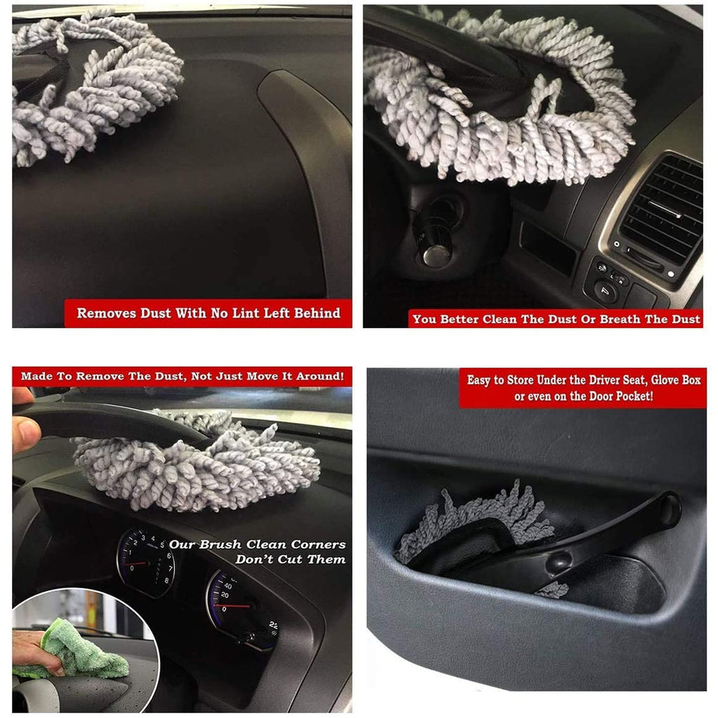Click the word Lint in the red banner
click(x=246, y=313)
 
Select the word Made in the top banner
click(x=36, y=377)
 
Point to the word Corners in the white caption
click(x=318, y=544)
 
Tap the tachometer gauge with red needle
click(x=147, y=562)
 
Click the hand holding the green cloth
click(x=36, y=652)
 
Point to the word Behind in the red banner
click(x=317, y=313)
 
